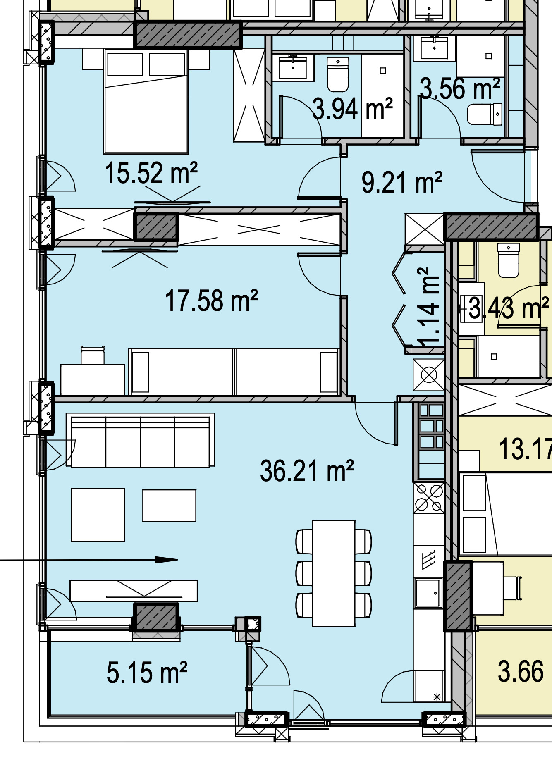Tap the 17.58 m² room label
tap(211, 300)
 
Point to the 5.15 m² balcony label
tap(147, 672)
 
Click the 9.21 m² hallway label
tap(402, 182)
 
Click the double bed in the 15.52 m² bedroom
tap(146, 101)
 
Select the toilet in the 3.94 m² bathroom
tap(338, 74)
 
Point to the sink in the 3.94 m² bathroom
tap(293, 67)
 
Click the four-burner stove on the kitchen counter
tap(429, 497)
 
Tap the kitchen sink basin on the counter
tap(428, 592)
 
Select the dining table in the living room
tap(334, 573)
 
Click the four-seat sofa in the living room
tap(140, 440)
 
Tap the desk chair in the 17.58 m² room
tap(92, 355)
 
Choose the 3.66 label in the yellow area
tap(521, 671)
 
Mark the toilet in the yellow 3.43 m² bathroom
tap(508, 260)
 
